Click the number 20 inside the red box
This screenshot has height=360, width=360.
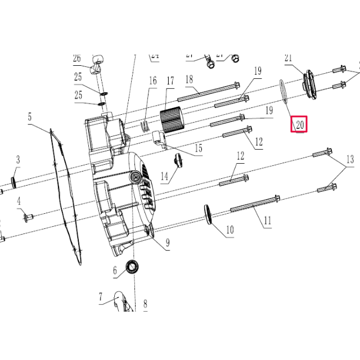299,125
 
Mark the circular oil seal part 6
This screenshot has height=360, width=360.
133,267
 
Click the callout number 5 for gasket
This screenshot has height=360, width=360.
30,117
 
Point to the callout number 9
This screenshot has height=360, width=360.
167,244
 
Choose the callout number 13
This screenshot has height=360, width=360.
349,159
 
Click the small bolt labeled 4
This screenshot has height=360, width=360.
29,215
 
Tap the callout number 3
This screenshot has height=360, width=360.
17,160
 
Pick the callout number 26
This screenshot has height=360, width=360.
77,58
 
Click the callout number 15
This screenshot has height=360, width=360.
198,148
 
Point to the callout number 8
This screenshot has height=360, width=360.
145,304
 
